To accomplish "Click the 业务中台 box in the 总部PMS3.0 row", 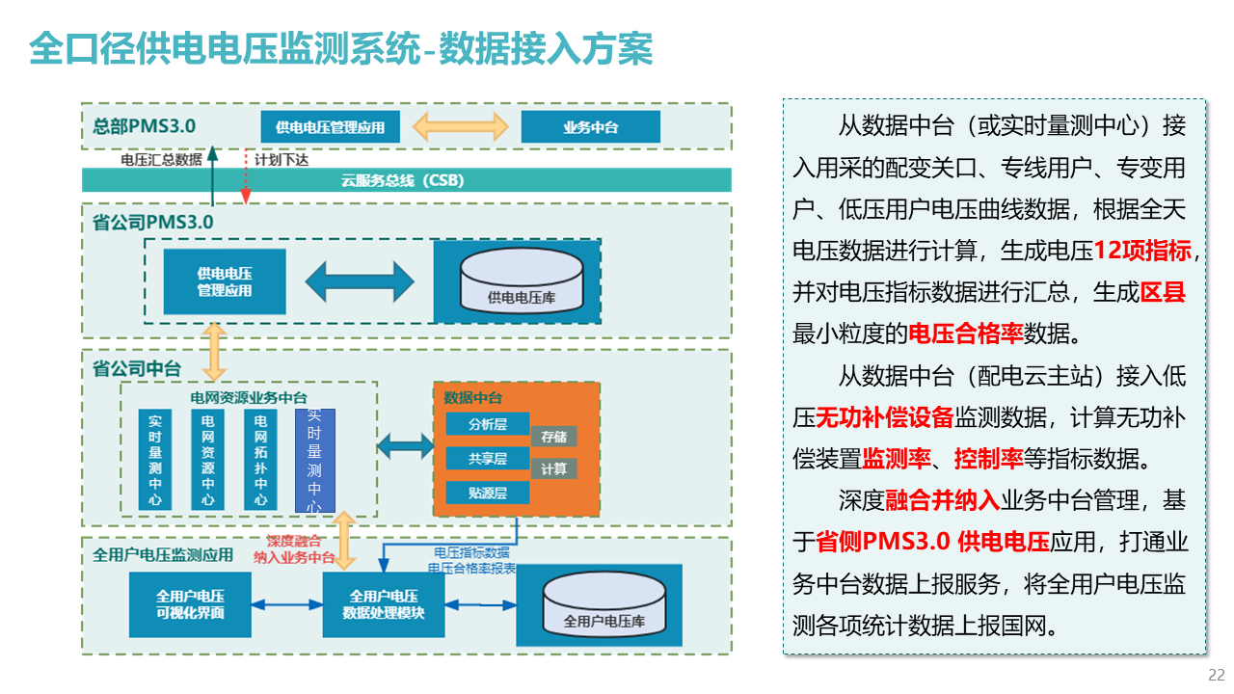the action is tap(591, 126).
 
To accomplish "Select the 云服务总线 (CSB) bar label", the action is tap(403, 180).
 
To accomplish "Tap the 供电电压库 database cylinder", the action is tap(522, 280).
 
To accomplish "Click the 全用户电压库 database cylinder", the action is tap(604, 604).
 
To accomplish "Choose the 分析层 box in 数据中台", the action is tap(488, 424).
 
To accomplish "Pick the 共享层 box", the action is tap(488, 458).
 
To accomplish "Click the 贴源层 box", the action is tap(488, 493).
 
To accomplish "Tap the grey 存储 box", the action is tap(553, 437).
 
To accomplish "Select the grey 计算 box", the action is tap(553, 468).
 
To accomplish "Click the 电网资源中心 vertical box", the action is tap(207, 460).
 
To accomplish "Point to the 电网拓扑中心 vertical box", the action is tap(260, 460).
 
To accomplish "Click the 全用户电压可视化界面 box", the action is tap(190, 604).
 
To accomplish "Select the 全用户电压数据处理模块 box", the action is tap(384, 604).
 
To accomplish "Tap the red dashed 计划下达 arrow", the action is tap(246, 175).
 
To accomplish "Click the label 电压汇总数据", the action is tap(161, 160).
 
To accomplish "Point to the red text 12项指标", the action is tap(1142, 251).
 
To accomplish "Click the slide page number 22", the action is tap(1217, 675).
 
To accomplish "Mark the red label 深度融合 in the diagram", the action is tap(294, 541).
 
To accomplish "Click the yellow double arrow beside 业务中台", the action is tap(461, 126).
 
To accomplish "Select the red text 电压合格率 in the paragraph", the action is tap(965, 334).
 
